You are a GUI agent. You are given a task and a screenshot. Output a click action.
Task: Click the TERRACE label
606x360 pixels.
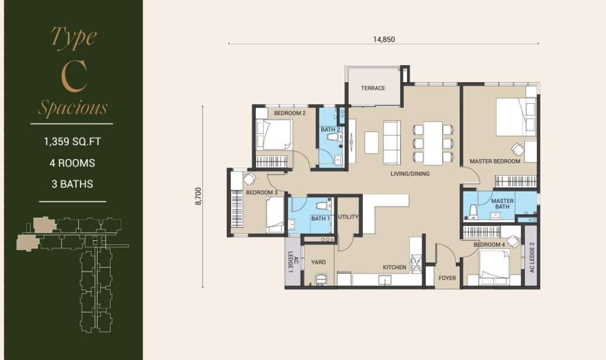pyautogui.click(x=373, y=88)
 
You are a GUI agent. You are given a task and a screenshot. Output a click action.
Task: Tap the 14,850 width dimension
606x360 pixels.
pyautogui.click(x=383, y=40)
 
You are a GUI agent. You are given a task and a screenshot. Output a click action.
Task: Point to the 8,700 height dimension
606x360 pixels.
pyautogui.click(x=199, y=196)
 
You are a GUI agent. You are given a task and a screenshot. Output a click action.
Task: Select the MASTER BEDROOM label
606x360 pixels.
pyautogui.click(x=495, y=161)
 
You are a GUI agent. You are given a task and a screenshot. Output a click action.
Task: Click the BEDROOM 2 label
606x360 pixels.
pyautogui.click(x=290, y=113)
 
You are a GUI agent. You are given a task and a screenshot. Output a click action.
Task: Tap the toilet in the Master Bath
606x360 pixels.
pyautogui.click(x=473, y=212)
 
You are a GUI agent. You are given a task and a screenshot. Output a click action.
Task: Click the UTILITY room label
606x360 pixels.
pyautogui.click(x=348, y=217)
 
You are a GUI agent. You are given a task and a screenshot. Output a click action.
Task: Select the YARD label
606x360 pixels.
pyautogui.click(x=318, y=262)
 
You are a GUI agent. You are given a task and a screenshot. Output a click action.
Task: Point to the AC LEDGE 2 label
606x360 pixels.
pyautogui.click(x=532, y=257)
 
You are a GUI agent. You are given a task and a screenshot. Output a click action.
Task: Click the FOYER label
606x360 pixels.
pyautogui.click(x=447, y=278)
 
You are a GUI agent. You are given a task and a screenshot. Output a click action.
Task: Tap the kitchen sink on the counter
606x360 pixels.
pyautogui.click(x=385, y=280)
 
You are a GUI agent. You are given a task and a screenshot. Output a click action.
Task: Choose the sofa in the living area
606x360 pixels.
pyautogui.click(x=392, y=142)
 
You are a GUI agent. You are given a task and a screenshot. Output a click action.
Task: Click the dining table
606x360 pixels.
pyautogui.click(x=433, y=143)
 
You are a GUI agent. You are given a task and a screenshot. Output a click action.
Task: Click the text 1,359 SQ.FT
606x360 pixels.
pyautogui.click(x=72, y=142)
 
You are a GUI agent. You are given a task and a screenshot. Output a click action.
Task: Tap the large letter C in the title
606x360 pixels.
pyautogui.click(x=73, y=76)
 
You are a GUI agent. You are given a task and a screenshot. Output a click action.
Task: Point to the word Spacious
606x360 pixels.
pyautogui.click(x=73, y=107)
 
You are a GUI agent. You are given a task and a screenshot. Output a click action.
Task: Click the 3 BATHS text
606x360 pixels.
pyautogui.click(x=72, y=184)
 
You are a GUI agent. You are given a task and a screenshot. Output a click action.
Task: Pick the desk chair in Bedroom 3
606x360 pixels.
pyautogui.click(x=249, y=179)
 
